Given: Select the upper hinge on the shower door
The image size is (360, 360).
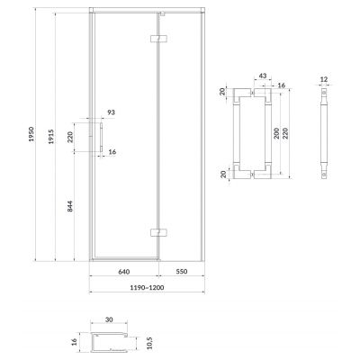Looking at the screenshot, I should (x=158, y=40).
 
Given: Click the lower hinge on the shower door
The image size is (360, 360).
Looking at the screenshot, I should (x=158, y=233).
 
